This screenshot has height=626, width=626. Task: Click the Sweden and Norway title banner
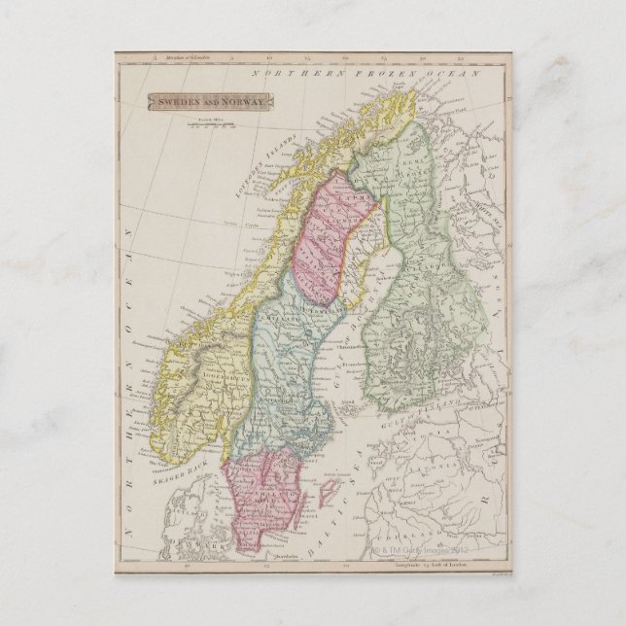(x=210, y=100)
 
